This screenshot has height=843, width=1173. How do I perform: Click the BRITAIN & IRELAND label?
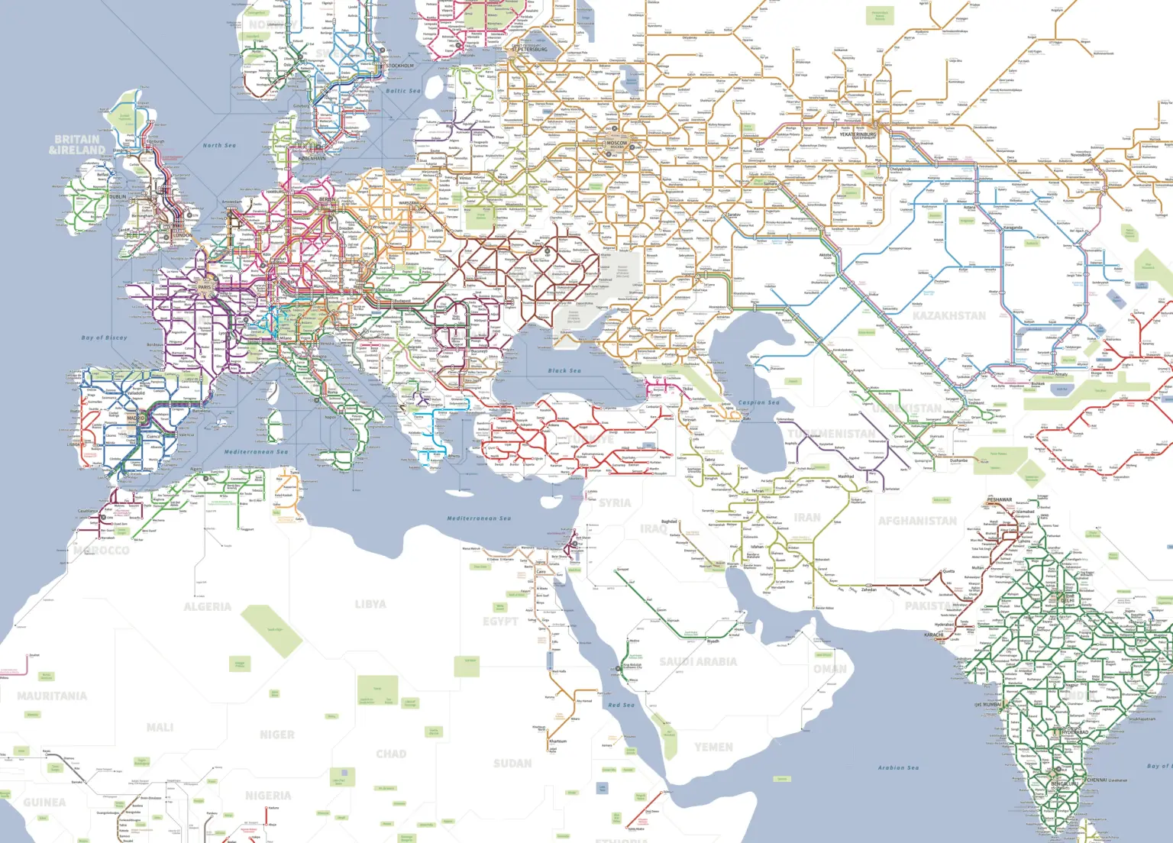[x=76, y=144]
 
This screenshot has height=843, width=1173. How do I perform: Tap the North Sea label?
[x=219, y=145]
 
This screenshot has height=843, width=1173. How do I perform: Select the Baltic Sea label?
[x=402, y=91]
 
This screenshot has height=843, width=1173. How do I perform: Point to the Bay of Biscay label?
[x=104, y=338]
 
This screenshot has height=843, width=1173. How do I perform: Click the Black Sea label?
[x=564, y=371]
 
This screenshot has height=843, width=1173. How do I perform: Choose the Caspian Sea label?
[x=759, y=402]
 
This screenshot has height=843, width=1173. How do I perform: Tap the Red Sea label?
[x=621, y=705]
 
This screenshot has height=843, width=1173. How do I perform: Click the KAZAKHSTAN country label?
[x=948, y=315]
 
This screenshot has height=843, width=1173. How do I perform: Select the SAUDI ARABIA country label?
[x=698, y=661]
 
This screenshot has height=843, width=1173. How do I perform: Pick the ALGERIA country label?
[x=207, y=607]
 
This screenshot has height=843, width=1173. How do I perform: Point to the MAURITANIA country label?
[x=52, y=696]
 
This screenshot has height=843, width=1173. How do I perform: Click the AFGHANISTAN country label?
[x=917, y=521]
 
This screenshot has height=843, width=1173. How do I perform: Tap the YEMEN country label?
[x=713, y=747]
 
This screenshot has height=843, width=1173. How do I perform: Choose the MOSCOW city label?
[x=617, y=143]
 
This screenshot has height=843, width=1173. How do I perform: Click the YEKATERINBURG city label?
[x=858, y=134]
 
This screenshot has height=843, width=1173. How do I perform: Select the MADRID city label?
[x=135, y=418]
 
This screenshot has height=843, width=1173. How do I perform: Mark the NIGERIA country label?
[x=268, y=796]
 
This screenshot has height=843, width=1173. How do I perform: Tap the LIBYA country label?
[x=370, y=604]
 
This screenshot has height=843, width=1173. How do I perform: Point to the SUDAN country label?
[x=512, y=763]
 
